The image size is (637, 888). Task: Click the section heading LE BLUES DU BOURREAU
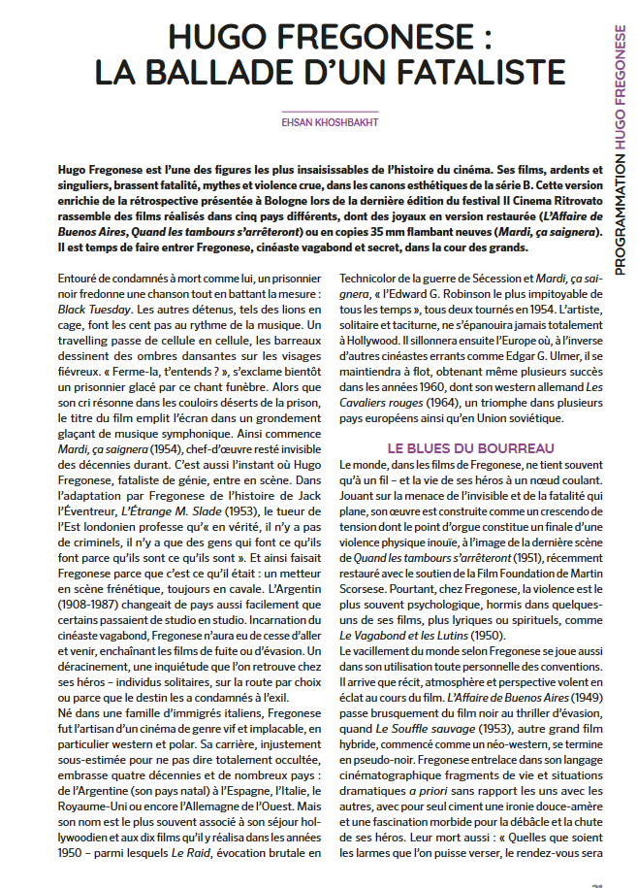(x=470, y=448)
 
